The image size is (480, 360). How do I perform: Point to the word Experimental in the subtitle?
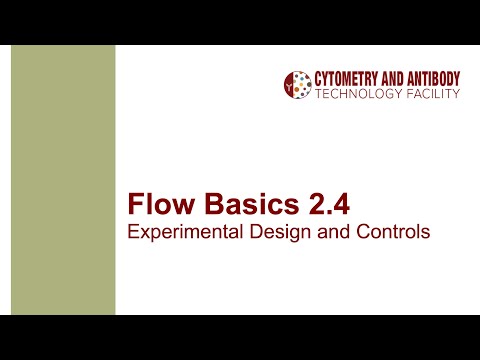(x=176, y=232)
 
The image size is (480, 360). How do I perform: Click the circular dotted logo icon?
(x=297, y=85)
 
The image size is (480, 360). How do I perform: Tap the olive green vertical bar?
(x=62, y=180)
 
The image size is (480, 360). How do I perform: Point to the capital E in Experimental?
(x=133, y=232)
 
